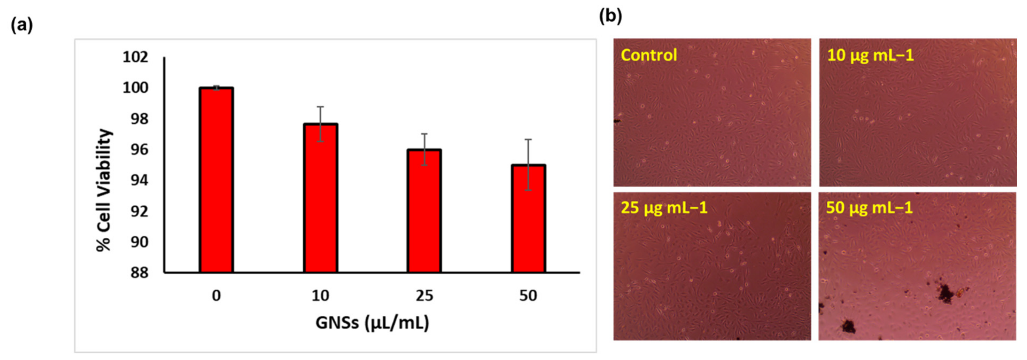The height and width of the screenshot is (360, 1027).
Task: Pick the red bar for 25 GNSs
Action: coord(424,211)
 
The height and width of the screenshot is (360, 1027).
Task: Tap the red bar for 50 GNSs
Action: coord(528,219)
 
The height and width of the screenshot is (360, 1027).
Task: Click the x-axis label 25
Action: coord(424,296)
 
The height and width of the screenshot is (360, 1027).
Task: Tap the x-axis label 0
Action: coord(216,296)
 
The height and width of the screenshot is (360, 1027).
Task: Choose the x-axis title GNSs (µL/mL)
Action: coord(372,323)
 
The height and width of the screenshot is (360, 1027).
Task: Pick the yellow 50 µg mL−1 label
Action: coord(869,208)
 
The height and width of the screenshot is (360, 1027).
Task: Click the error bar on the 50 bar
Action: coord(528,165)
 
